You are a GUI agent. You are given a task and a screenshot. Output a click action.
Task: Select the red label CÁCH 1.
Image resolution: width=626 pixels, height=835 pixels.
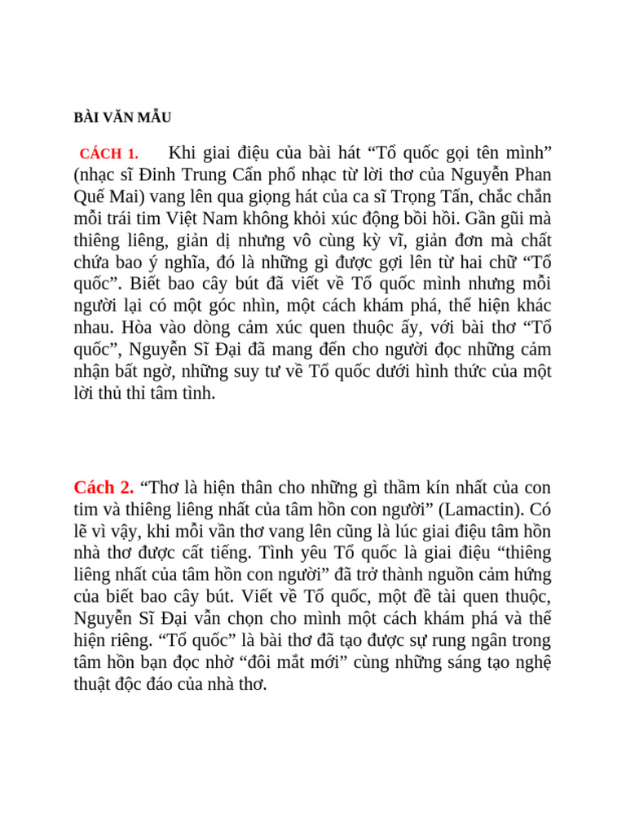(x=109, y=153)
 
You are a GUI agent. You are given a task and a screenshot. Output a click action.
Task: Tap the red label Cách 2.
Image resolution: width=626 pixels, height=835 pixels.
(x=104, y=488)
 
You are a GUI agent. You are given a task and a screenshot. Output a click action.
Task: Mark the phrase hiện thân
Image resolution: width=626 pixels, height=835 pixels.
(x=229, y=488)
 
